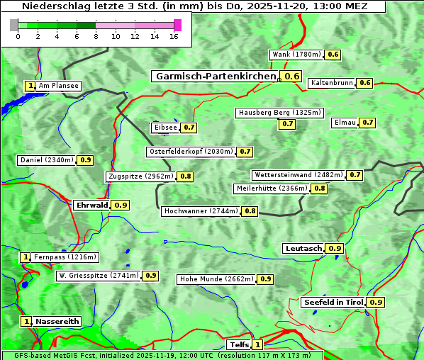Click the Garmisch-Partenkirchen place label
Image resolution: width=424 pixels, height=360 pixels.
pyautogui.click(x=216, y=77)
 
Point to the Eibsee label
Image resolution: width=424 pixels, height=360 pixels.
pyautogui.click(x=165, y=128)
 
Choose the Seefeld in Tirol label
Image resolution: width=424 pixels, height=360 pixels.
pyautogui.click(x=333, y=302)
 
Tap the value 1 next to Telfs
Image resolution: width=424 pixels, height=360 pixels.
pyautogui.click(x=257, y=344)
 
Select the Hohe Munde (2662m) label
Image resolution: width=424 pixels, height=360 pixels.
pyautogui.click(x=216, y=279)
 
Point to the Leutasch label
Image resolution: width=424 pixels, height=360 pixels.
pyautogui.click(x=303, y=248)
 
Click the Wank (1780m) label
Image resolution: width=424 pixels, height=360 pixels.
pyautogui.click(x=297, y=55)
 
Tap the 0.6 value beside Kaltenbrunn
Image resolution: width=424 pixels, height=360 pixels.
pyautogui.click(x=364, y=83)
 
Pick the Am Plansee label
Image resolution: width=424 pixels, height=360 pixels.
pyautogui.click(x=58, y=86)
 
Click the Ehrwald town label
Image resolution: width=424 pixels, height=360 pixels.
pyautogui.click(x=91, y=205)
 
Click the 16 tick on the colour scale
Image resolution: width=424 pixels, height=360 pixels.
pyautogui.click(x=174, y=37)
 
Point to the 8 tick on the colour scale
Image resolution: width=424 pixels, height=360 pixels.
pyautogui.click(x=96, y=37)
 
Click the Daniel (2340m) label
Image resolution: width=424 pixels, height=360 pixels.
pyautogui.click(x=46, y=160)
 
